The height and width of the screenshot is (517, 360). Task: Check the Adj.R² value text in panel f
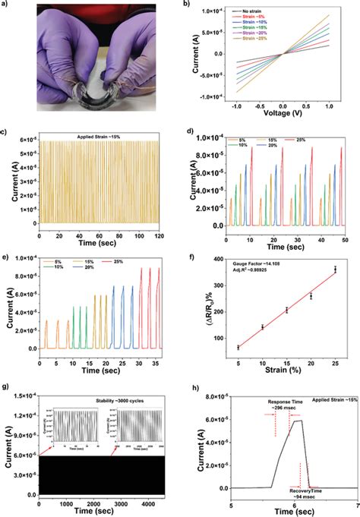click(x=257, y=267)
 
